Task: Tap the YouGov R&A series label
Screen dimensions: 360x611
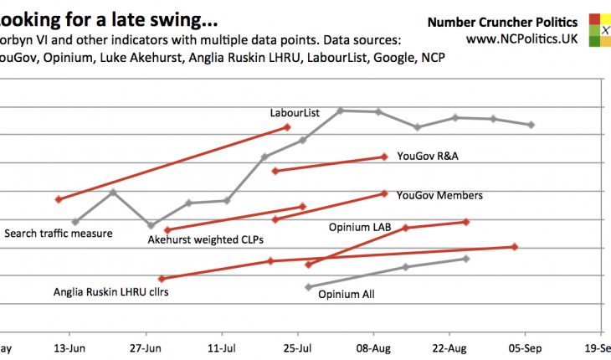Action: pos(428,155)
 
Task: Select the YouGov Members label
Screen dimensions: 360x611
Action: pos(439,195)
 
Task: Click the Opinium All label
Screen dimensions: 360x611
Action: pos(347,294)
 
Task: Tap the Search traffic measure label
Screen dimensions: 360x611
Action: pos(59,234)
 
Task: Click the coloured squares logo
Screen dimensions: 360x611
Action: pos(599,29)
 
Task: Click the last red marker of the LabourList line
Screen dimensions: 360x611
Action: pos(287,127)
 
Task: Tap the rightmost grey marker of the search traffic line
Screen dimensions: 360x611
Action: pos(531,125)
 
